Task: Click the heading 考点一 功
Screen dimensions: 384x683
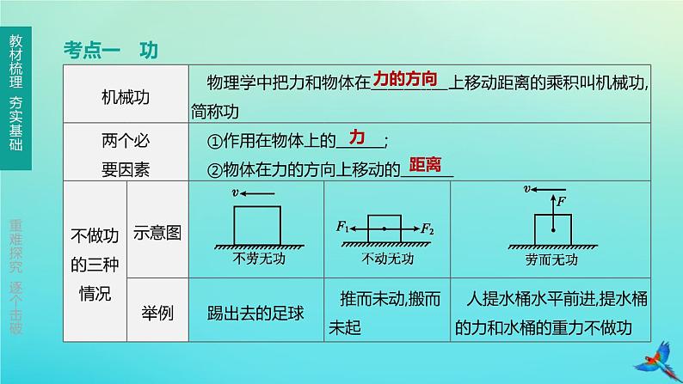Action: [110, 50]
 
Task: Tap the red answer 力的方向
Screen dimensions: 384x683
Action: [407, 80]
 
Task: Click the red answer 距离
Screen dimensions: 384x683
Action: [425, 164]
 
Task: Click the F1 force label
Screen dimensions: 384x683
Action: [342, 229]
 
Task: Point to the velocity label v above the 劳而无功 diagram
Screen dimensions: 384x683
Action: [526, 187]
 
